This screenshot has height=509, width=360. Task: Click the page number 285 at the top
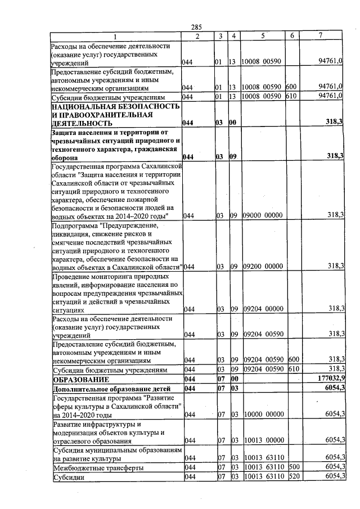pos(196,27)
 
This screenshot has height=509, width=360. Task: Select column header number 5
pos(262,36)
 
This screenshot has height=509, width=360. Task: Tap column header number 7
pos(320,36)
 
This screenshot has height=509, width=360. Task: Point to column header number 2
pos(197,36)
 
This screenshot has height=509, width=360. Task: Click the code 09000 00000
pos(262,215)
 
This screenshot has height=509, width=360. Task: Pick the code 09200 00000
pos(262,266)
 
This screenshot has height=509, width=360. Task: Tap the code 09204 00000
pos(262,309)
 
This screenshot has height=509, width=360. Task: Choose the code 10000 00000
pos(262,415)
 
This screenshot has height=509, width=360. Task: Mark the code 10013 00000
pos(262,440)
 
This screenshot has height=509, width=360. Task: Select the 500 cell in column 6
pos(292,467)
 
